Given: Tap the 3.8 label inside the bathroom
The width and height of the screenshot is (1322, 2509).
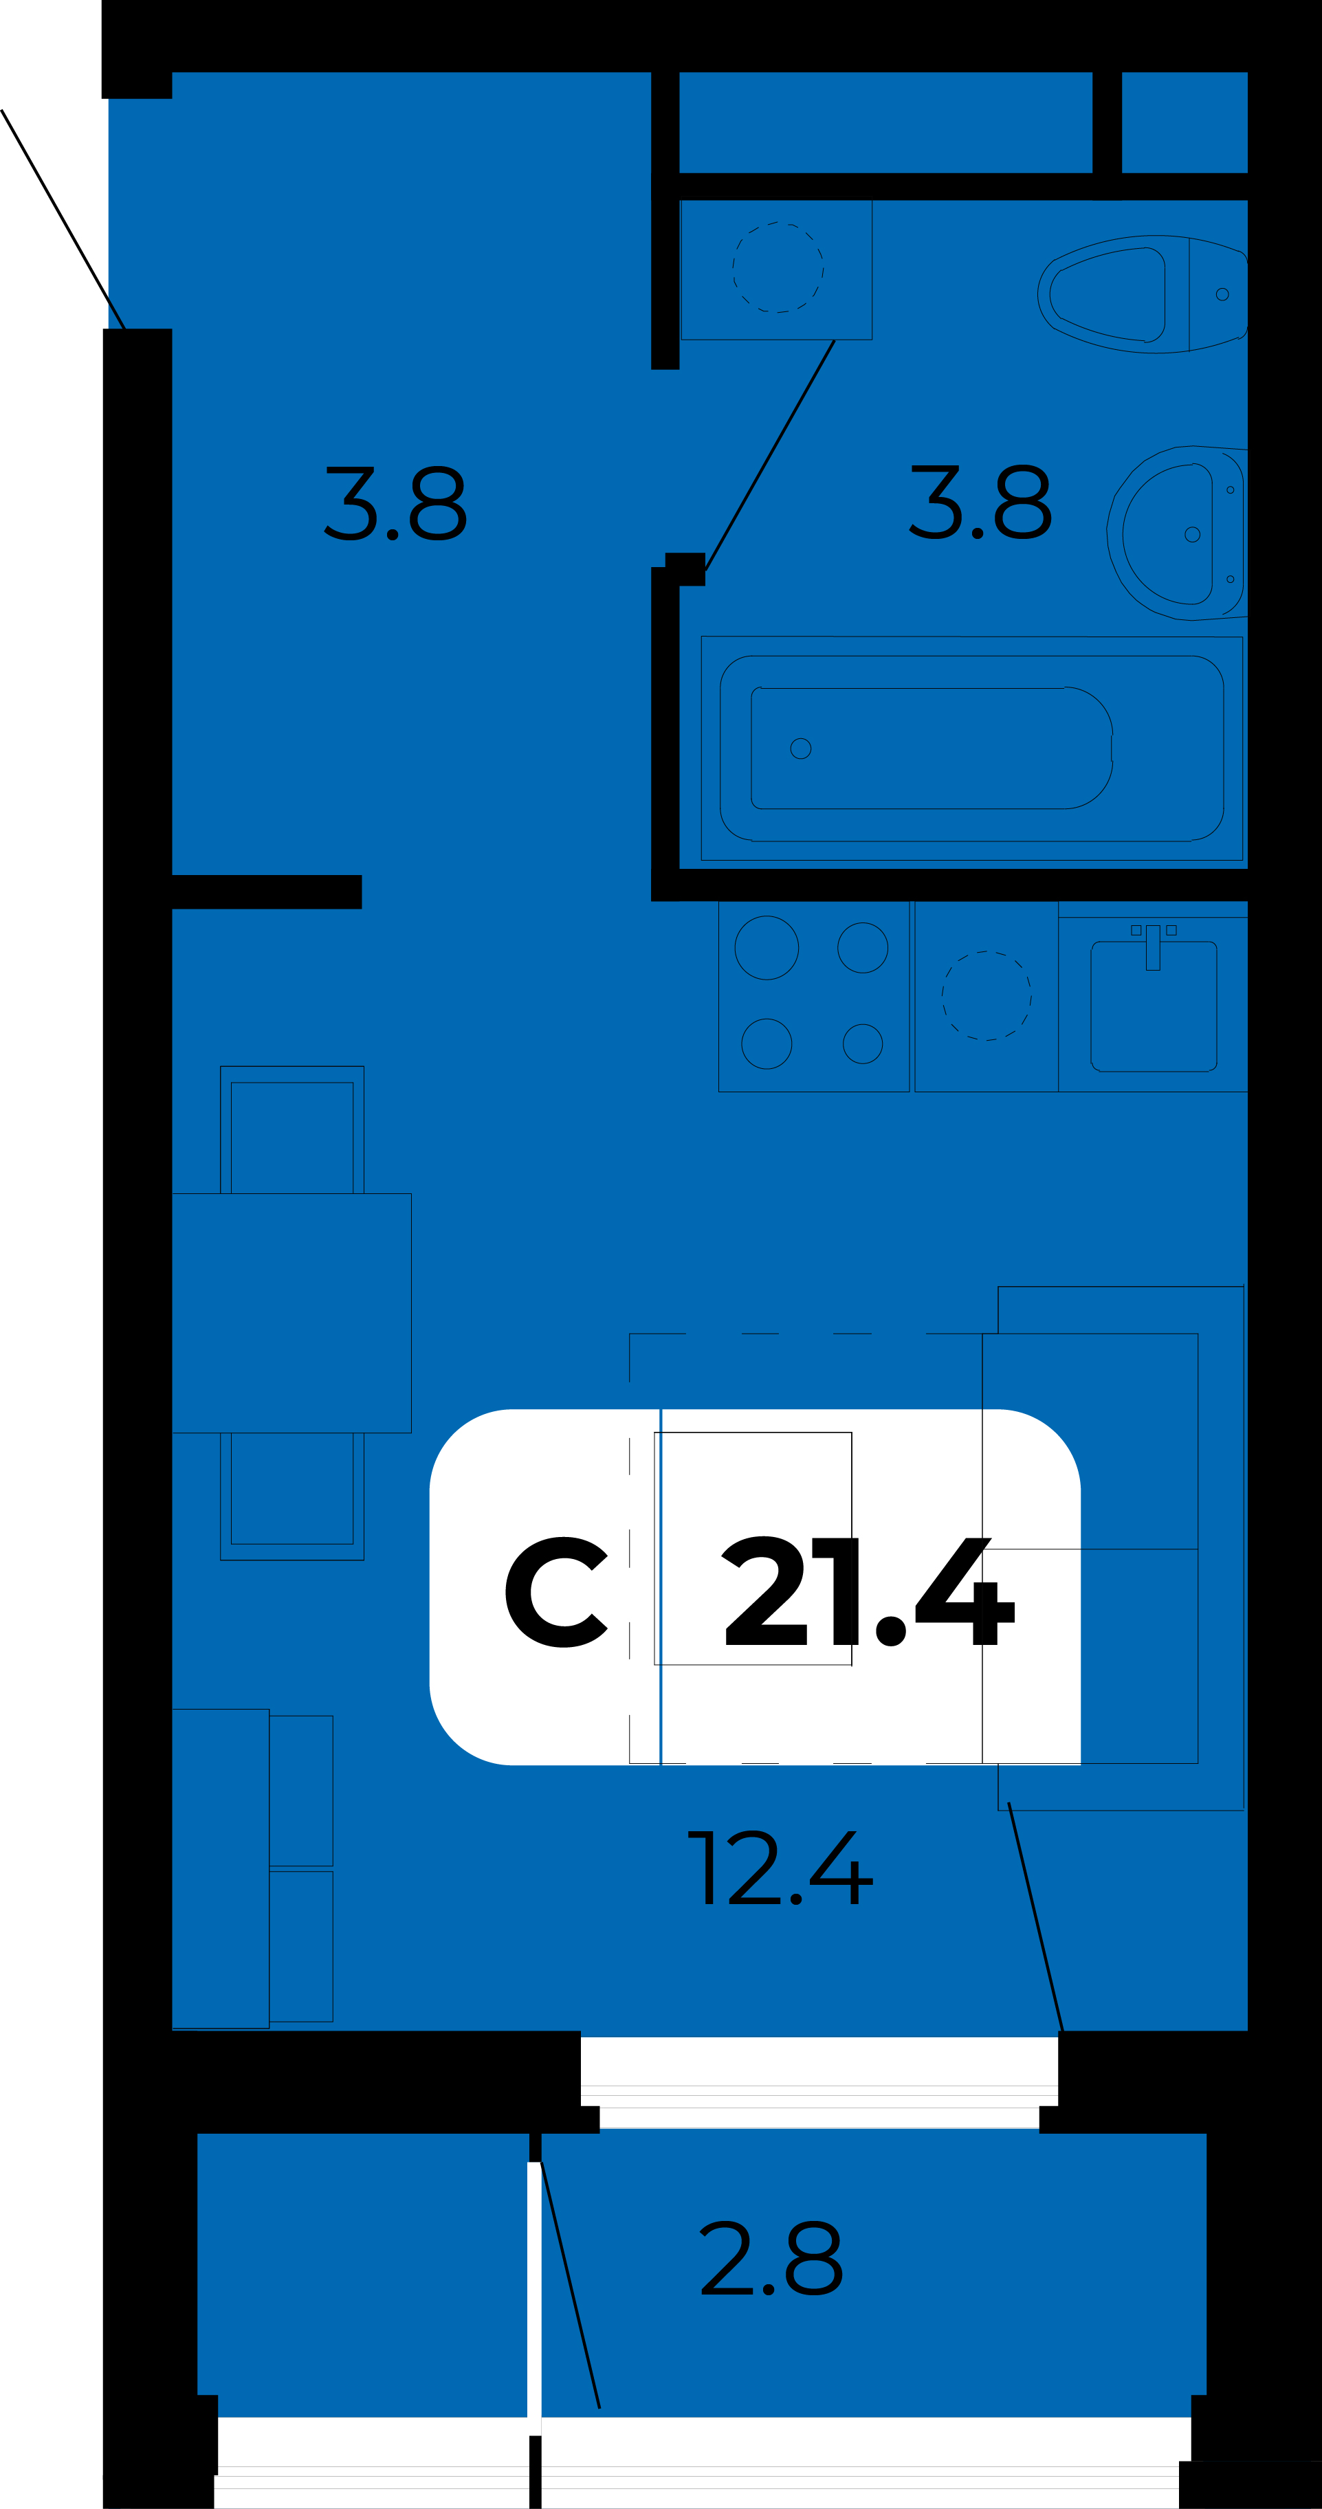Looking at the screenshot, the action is [980, 502].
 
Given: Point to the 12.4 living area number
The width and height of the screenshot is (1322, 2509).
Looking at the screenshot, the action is [780, 1868].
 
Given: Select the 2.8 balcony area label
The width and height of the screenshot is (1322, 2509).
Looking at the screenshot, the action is [771, 2257].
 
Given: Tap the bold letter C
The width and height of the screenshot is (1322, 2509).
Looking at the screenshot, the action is [556, 1593].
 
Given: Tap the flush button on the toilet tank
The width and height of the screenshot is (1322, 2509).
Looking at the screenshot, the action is [1222, 294].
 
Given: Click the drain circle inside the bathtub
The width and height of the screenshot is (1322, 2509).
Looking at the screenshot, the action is [801, 748].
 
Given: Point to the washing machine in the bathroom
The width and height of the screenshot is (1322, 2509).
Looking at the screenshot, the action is [776, 269].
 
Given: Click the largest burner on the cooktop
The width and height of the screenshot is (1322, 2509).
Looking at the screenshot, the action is [767, 948].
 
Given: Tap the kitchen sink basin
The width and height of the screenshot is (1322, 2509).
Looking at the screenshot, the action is [1154, 1006].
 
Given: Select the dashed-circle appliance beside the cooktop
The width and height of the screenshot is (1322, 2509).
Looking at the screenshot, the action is [986, 995].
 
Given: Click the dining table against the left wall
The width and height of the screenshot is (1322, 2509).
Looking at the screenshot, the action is [291, 1313].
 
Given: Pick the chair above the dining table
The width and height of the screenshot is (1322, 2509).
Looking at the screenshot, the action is [292, 1130].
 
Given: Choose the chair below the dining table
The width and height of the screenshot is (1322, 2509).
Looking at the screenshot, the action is [292, 1496].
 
